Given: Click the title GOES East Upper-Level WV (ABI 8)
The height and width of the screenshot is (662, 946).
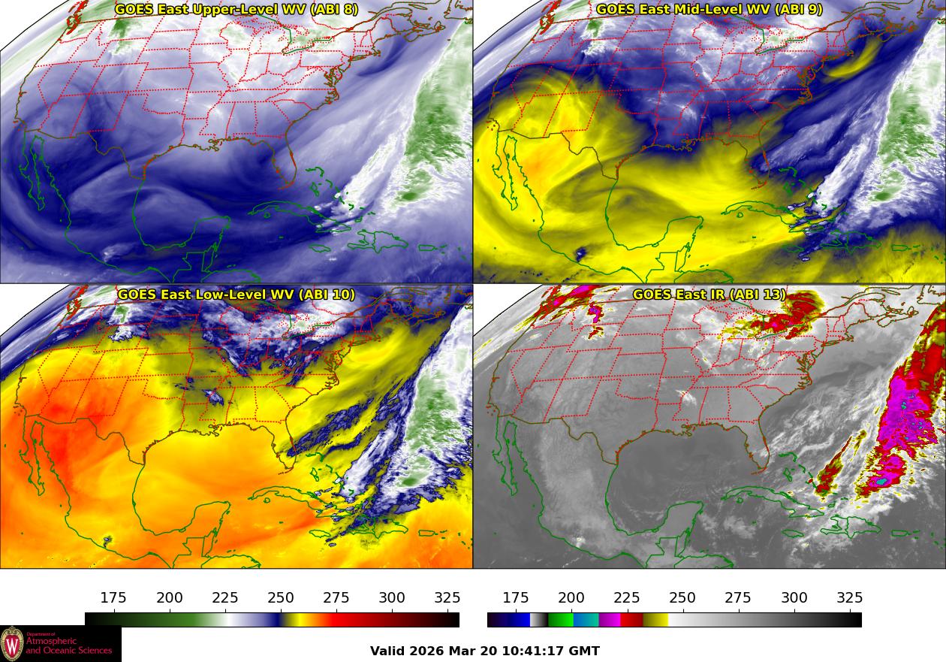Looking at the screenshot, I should point(236,10).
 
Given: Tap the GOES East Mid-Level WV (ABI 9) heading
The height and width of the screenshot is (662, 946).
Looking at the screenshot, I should point(709,10).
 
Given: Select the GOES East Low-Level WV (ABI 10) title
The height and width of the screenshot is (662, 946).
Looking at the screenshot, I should point(236,295).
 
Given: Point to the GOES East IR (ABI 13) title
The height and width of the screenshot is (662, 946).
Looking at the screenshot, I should point(709,295).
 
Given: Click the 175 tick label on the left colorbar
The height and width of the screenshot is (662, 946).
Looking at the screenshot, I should point(113,598).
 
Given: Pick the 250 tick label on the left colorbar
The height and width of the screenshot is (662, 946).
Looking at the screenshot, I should point(281,598).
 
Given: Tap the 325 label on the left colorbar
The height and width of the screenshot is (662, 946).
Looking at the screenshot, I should point(447,598).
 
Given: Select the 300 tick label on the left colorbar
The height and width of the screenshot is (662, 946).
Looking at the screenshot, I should point(392,598).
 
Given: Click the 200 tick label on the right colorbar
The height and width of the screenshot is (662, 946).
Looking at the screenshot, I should point(571,598).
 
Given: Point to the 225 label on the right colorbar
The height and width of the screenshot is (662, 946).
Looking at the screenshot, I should point(627,598).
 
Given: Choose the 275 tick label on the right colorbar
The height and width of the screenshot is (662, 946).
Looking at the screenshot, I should point(738,598).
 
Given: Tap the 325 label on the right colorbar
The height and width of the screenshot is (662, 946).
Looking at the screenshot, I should point(850,598).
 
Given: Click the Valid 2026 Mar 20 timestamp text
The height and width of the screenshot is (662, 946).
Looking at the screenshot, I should point(485,651).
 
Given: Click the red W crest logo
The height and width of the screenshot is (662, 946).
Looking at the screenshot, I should point(12,644).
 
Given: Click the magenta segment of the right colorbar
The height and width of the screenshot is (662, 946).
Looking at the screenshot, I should point(610,620).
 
